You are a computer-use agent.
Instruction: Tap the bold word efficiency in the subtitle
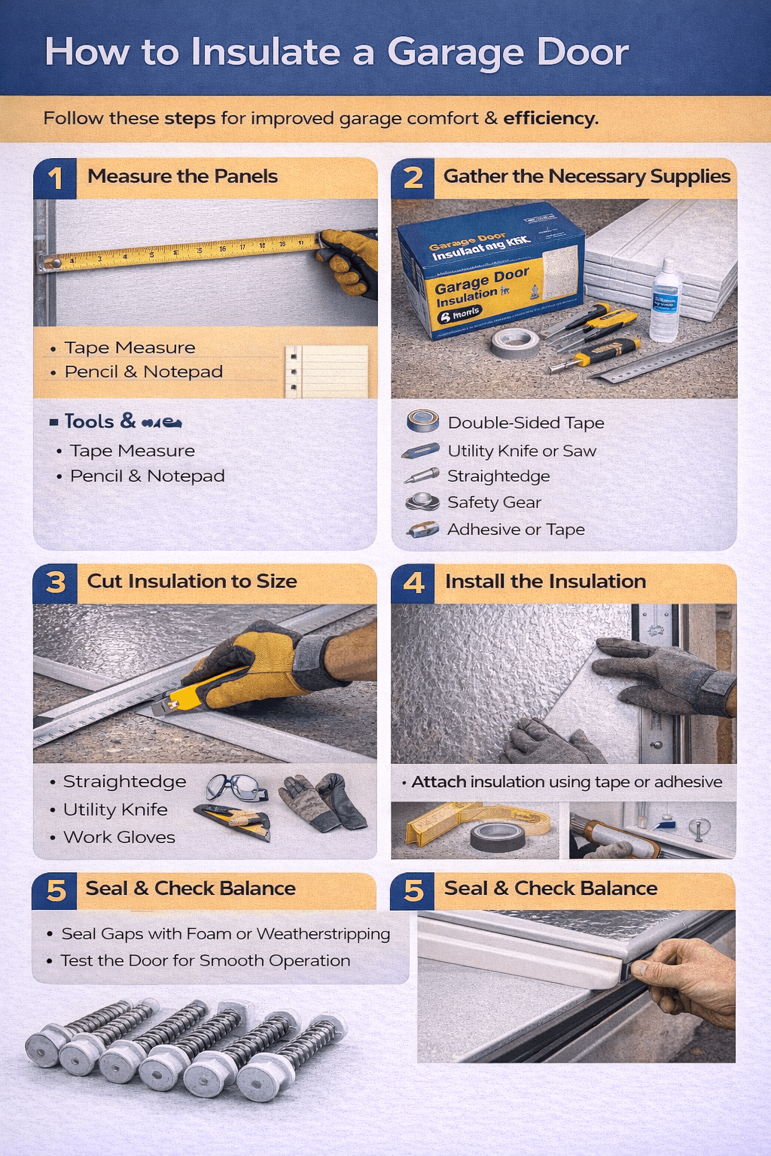click(550, 118)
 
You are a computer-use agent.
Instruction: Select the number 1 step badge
click(55, 178)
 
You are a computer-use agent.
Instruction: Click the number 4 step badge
click(413, 583)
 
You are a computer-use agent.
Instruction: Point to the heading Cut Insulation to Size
click(192, 581)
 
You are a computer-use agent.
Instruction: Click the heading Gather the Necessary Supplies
click(587, 176)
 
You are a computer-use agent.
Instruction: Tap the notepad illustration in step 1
click(326, 371)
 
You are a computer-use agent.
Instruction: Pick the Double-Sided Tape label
click(526, 423)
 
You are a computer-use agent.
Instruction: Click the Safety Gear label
click(494, 502)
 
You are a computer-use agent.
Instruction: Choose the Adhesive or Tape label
click(516, 529)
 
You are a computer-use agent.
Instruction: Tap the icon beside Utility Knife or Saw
click(421, 451)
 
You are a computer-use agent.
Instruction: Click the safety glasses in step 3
click(236, 787)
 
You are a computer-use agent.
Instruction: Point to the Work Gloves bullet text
click(119, 837)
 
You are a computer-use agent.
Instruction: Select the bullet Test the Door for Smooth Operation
click(205, 960)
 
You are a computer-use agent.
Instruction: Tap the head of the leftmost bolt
click(42, 1048)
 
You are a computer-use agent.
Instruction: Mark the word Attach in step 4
click(439, 782)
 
